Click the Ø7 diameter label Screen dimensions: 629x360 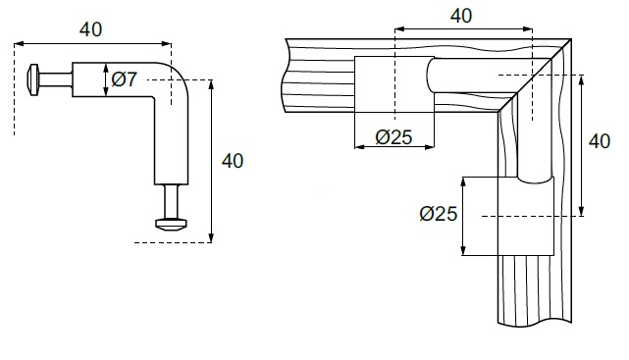pyautogui.click(x=124, y=79)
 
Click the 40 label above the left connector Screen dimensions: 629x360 pyautogui.click(x=90, y=29)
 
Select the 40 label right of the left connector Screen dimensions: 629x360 pyautogui.click(x=233, y=161)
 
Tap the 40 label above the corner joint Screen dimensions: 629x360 pyautogui.click(x=461, y=16)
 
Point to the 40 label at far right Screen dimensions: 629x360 pyautogui.click(x=600, y=141)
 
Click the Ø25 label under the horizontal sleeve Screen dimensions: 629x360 pyautogui.click(x=393, y=137)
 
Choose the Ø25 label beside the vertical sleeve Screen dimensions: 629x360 pyautogui.click(x=438, y=214)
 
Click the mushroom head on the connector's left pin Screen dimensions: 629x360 pyautogui.click(x=33, y=79)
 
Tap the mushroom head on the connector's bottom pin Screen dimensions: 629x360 pyautogui.click(x=172, y=225)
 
